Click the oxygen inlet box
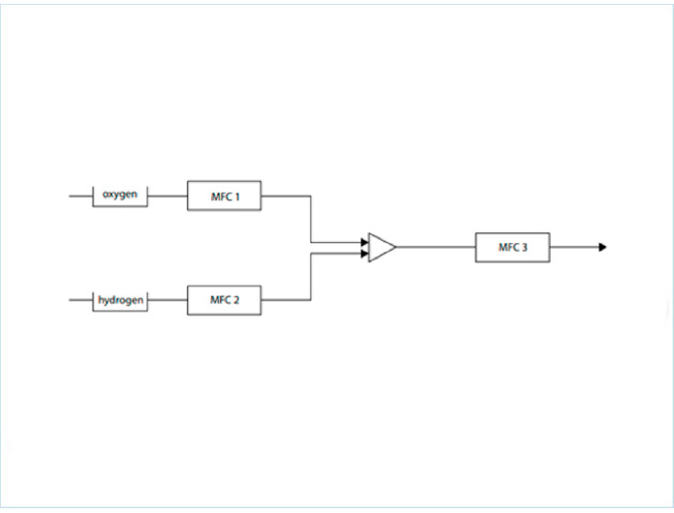120,196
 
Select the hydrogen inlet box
120,300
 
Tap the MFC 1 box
224,196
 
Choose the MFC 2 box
224,300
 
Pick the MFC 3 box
512,247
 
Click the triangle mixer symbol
381,247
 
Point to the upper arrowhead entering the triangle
364,242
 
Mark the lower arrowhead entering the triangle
364,254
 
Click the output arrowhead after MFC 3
602,247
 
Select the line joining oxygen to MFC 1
168,196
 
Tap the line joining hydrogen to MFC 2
168,300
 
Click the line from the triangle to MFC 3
436,247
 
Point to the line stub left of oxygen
80,196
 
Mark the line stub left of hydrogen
80,300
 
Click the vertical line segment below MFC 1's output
310,219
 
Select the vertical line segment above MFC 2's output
310,277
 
